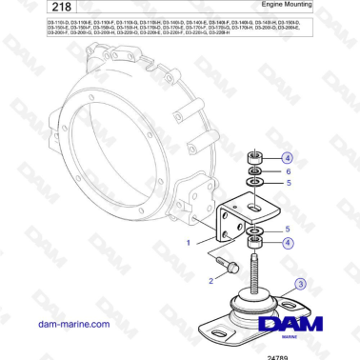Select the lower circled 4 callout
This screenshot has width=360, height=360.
pyautogui.click(x=287, y=243)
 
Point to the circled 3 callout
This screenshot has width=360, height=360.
pyautogui.click(x=299, y=284)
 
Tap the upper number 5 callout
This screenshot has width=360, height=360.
pyautogui.click(x=287, y=183)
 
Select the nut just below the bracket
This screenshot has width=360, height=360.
pyautogui.click(x=255, y=246)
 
